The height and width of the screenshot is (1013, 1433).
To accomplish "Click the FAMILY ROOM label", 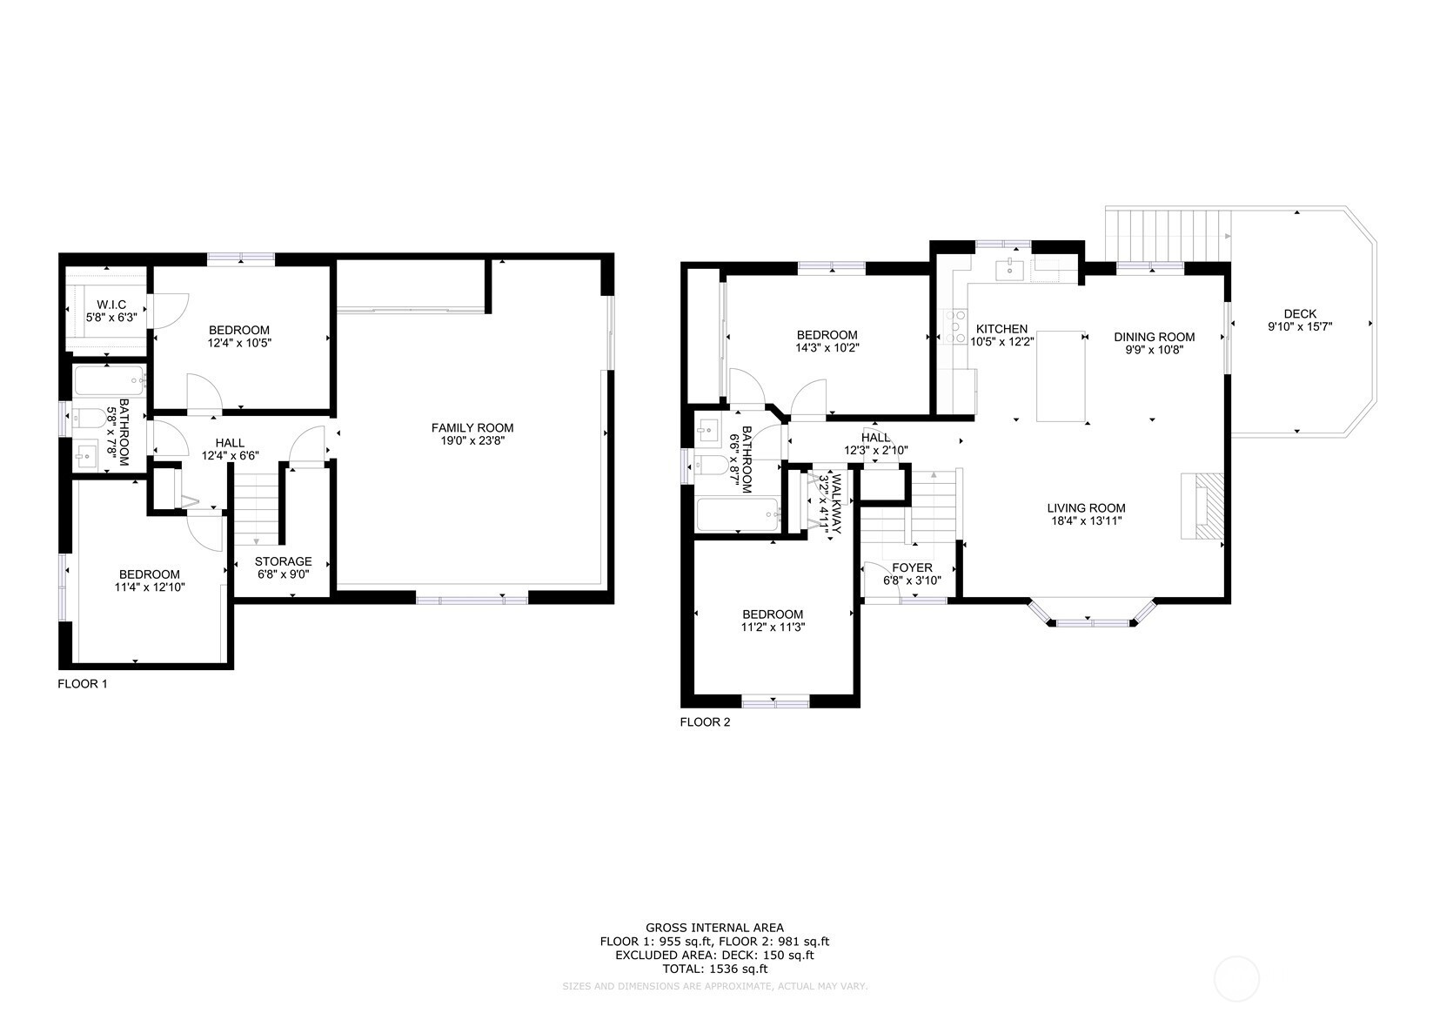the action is pos(472,427).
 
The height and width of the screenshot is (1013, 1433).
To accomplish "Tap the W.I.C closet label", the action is pos(111,305).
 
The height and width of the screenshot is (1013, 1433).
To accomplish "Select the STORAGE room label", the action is pos(284,561).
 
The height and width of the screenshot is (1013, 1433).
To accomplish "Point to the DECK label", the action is pos(1300,313).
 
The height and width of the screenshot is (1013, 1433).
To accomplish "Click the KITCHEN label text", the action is pos(1001,329).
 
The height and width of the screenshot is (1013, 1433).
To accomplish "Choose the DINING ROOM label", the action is pos(1154,337).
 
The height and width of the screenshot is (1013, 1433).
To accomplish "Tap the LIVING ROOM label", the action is pos(1086,508).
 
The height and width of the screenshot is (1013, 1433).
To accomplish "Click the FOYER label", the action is pos(912,567).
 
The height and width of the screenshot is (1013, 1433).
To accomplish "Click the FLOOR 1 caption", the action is pos(83,684).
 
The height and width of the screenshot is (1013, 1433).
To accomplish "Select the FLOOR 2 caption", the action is pos(705,722).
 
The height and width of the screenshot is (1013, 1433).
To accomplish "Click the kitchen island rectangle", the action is pos(1061,376).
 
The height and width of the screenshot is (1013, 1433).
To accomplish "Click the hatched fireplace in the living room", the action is pos(1202,506).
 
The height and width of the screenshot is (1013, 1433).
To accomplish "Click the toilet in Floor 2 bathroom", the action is pos(712,466).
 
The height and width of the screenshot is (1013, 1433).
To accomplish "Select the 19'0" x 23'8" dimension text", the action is pos(472,440).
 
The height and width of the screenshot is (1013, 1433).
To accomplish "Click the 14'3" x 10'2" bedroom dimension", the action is pos(827,348).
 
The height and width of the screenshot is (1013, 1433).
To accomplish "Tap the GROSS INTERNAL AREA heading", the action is pos(714,927).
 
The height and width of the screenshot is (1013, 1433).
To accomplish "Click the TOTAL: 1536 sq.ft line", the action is pos(714,969).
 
